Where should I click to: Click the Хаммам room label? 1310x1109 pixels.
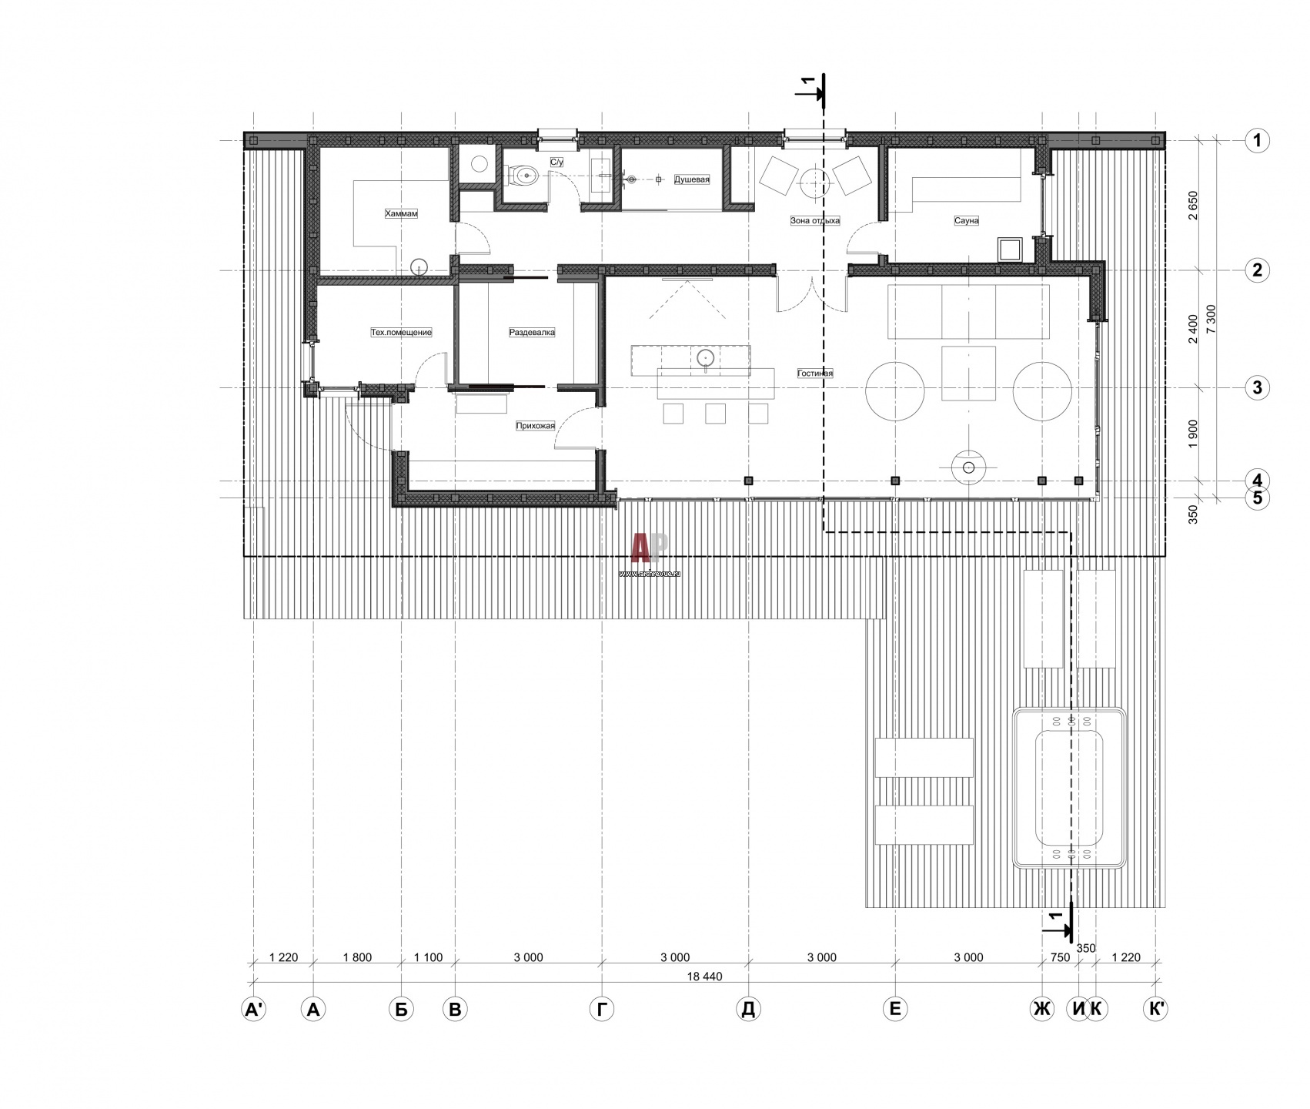(401, 213)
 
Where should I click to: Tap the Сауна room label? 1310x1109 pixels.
(966, 220)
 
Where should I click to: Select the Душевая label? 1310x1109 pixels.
(692, 179)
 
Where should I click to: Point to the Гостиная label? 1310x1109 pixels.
(815, 374)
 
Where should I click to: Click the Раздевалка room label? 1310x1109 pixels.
(532, 333)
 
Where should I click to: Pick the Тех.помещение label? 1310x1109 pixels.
(401, 333)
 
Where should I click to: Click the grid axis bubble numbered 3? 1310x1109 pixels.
(1257, 387)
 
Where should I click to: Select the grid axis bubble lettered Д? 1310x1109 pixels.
(748, 1009)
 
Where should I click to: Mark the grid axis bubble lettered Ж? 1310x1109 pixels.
(1042, 1009)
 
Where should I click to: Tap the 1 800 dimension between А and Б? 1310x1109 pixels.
(357, 958)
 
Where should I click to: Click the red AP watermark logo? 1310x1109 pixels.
(650, 550)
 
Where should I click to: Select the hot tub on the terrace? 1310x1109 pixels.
(1071, 788)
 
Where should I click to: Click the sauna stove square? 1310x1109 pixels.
(1010, 249)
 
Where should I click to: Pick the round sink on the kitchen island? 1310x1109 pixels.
(706, 358)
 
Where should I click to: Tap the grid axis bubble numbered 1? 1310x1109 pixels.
(1257, 140)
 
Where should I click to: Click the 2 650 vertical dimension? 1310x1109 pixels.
(1193, 206)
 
